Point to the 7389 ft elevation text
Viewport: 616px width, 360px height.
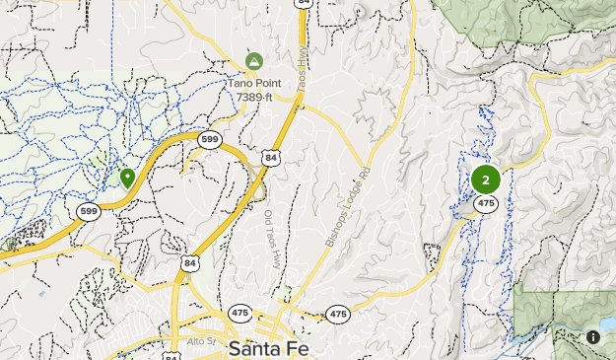pos(254,97)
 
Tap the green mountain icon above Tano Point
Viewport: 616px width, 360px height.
pos(254,61)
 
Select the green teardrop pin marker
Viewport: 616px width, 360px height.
pos(127,178)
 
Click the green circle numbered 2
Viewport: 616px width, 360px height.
pos(485,180)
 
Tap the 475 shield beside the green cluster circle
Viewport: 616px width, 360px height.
pos(485,203)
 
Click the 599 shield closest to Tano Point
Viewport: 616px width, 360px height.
pos(207,139)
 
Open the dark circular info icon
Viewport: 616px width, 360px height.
pos(593,336)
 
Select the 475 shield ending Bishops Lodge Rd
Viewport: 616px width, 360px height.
pos(338,314)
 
